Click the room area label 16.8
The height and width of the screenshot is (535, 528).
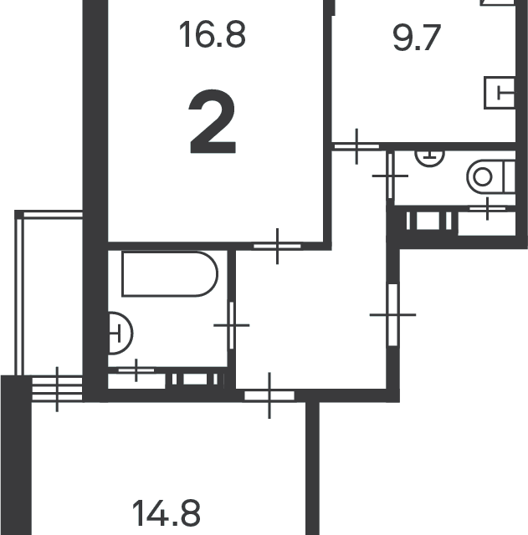[x=212, y=34]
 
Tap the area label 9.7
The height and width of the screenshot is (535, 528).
[x=417, y=38]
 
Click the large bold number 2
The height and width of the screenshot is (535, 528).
[x=213, y=121]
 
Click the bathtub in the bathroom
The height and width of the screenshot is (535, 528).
[x=170, y=274]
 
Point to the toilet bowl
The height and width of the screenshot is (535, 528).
[x=491, y=177]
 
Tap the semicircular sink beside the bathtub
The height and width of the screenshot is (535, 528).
[x=120, y=333]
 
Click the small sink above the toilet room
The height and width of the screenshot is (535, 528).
[x=429, y=158]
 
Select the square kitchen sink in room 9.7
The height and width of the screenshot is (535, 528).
[x=500, y=93]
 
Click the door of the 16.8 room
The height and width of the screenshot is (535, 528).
[x=277, y=246]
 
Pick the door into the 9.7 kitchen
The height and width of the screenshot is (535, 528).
[x=356, y=146]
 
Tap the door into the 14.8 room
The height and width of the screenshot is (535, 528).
[x=269, y=395]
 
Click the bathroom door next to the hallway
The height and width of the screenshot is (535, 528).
[x=232, y=325]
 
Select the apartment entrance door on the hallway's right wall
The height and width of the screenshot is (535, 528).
[x=392, y=314]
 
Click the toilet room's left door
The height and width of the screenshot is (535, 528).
[x=390, y=176]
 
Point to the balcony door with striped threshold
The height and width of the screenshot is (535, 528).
[x=57, y=389]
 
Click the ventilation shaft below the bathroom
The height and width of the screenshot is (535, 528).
[x=195, y=379]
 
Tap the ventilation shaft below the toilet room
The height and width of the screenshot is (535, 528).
[x=428, y=221]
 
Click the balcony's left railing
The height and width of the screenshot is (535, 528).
[x=19, y=296]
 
